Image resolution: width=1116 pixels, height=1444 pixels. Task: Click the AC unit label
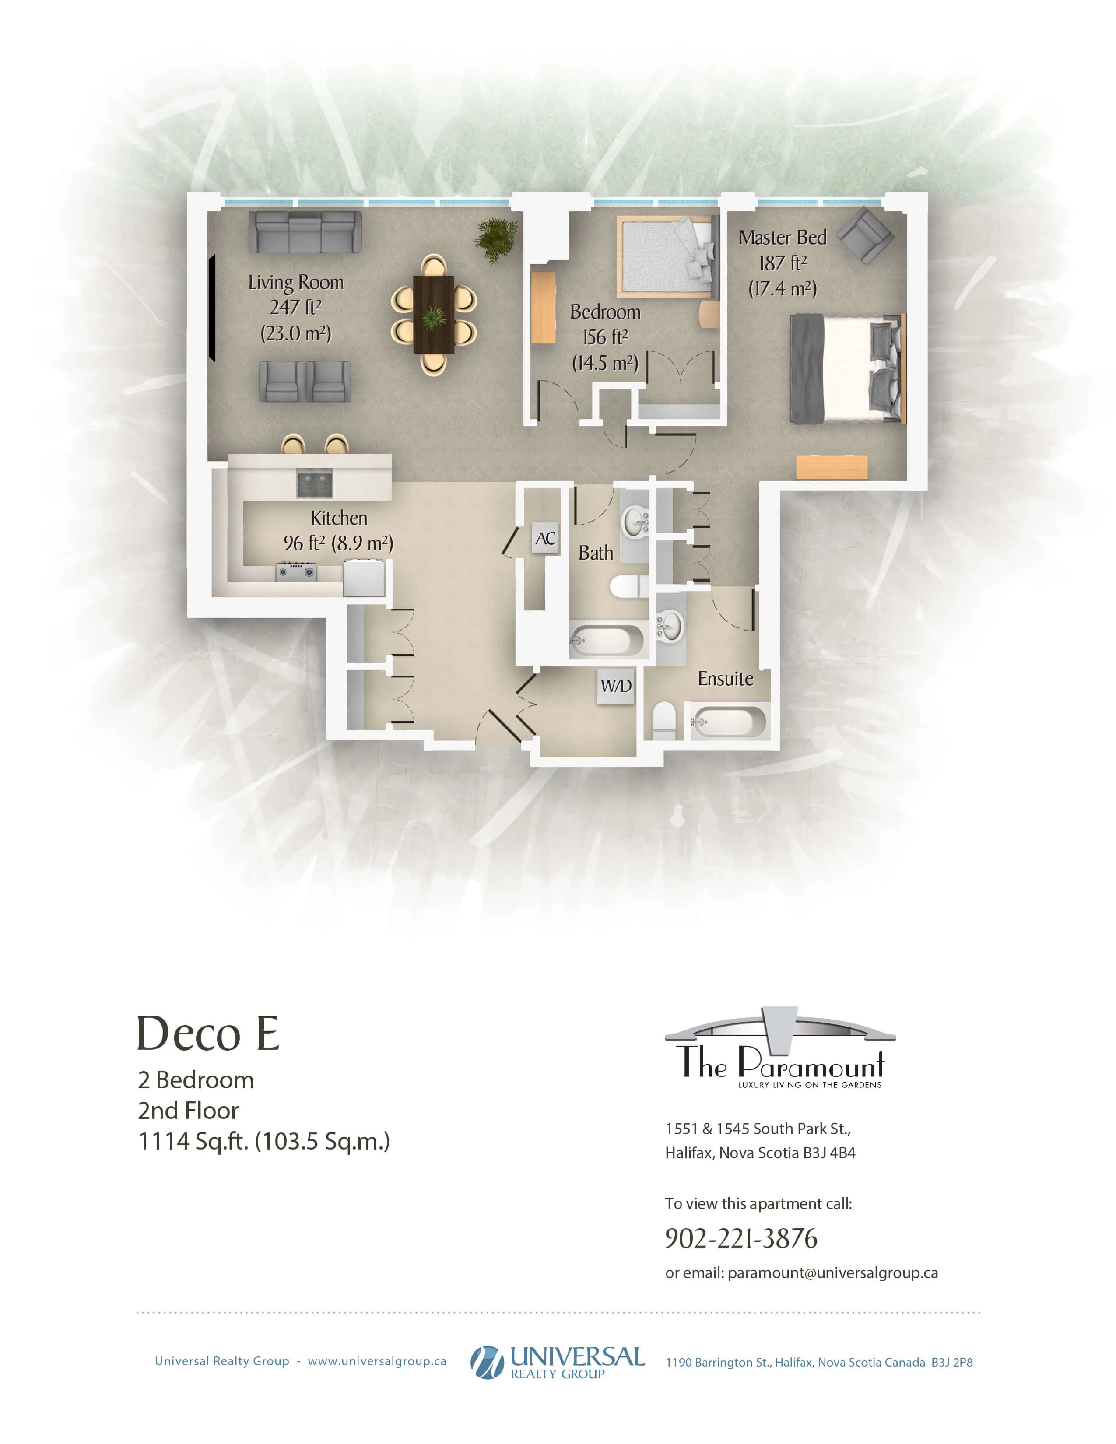tap(545, 539)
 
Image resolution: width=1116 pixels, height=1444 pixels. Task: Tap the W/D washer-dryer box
tap(615, 686)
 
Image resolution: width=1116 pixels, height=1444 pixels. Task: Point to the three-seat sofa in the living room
tap(305, 232)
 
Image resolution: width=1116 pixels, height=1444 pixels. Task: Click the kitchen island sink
tap(314, 484)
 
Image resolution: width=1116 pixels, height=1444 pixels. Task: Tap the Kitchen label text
tap(338, 518)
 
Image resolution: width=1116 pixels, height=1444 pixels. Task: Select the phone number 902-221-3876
tap(741, 1238)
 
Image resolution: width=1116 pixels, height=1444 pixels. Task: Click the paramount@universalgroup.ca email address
tap(833, 1273)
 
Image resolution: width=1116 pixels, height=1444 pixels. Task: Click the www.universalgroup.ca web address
tap(377, 1361)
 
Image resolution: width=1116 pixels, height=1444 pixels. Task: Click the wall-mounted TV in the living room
tap(212, 309)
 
